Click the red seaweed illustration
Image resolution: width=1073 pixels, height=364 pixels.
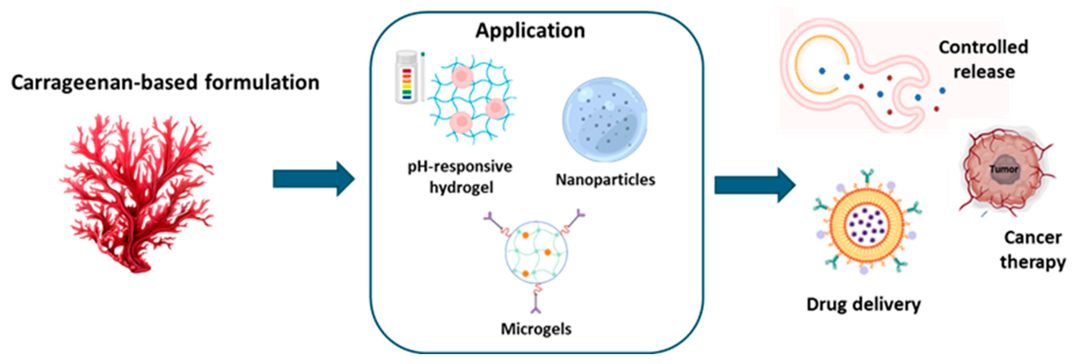click(138, 192)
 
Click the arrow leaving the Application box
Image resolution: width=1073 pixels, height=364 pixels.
click(754, 185)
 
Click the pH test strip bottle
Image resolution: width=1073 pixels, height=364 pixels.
click(406, 78)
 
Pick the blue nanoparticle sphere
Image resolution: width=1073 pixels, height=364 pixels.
click(605, 120)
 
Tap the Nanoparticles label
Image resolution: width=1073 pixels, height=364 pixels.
click(605, 180)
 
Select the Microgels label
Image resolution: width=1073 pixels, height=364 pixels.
click(536, 329)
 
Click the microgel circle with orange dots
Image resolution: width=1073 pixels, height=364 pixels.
click(536, 252)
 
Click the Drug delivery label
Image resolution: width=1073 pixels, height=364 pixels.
click(863, 304)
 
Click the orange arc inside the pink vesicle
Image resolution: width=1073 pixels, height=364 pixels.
click(812, 67)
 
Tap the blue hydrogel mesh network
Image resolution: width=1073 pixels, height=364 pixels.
click(473, 100)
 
